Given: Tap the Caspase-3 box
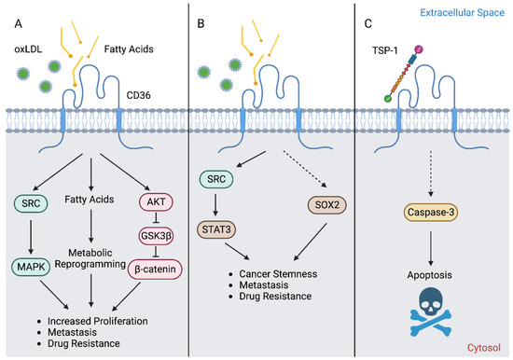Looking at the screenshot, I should click(x=428, y=214).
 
